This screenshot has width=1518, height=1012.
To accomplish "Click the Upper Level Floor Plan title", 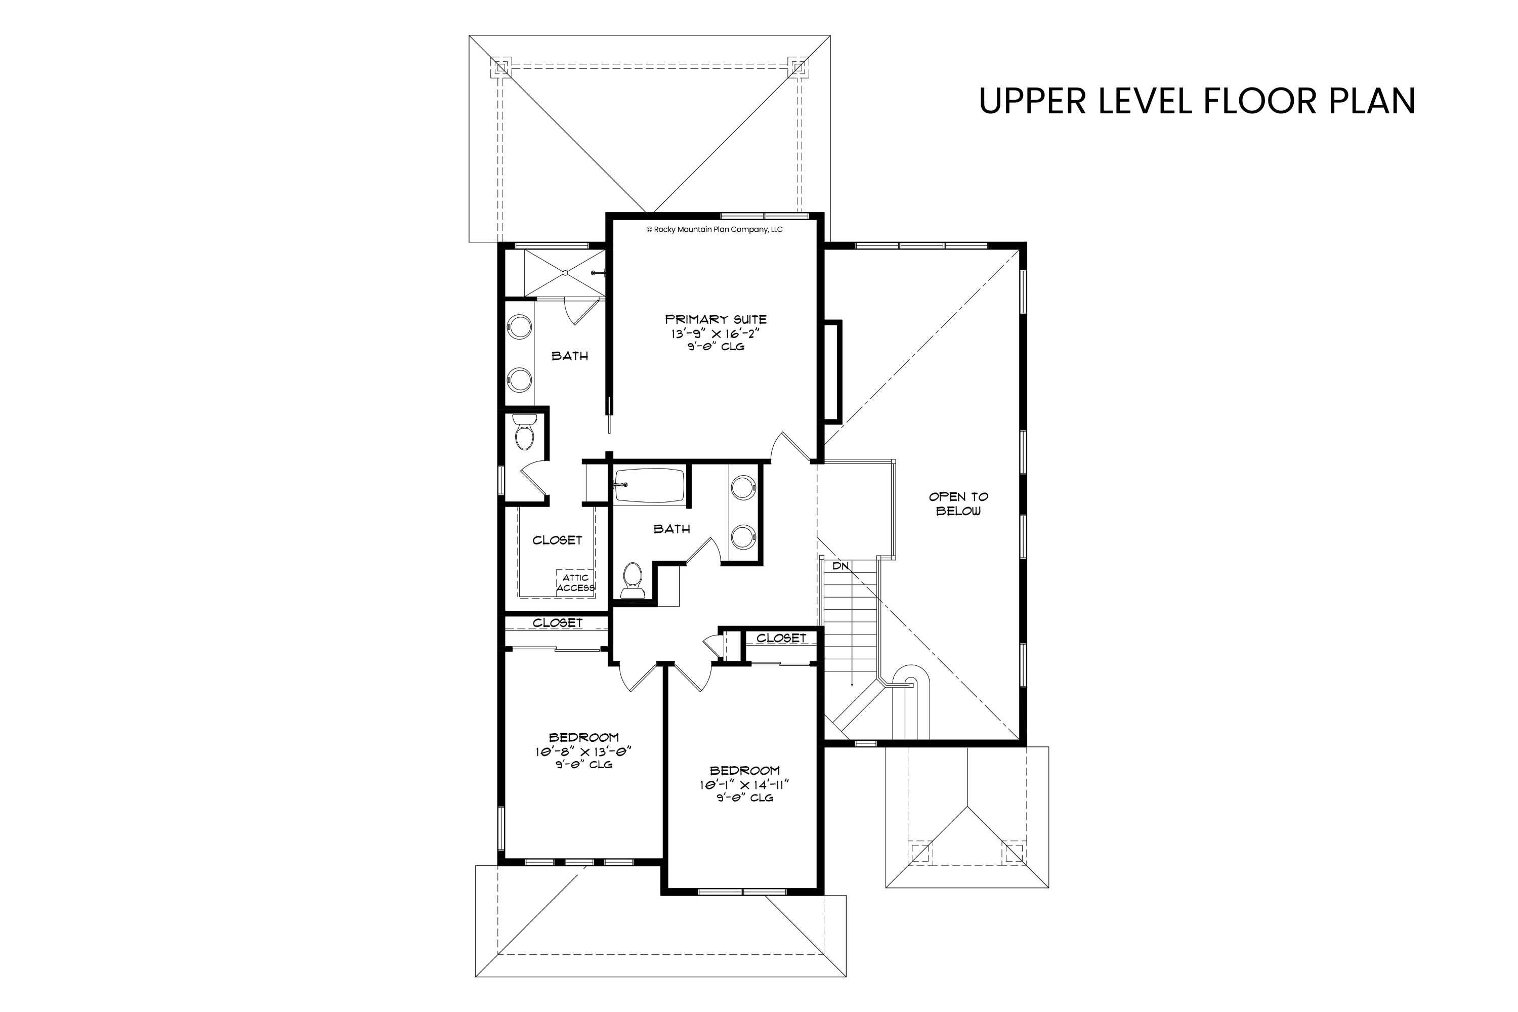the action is [1197, 101].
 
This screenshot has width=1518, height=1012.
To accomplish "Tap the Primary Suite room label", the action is [716, 319].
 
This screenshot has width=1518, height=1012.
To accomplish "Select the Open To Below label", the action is [958, 503].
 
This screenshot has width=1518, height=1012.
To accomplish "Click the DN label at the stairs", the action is [840, 566].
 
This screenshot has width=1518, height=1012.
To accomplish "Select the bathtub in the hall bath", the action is [649, 486].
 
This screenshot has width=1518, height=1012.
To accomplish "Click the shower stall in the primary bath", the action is [564, 274].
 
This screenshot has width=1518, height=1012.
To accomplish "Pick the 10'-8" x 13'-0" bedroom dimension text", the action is [583, 751].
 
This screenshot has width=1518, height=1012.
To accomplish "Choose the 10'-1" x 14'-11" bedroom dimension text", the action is [745, 785].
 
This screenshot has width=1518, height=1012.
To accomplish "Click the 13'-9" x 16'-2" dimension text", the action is [716, 333].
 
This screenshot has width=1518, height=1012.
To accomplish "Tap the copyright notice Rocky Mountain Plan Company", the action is [714, 229].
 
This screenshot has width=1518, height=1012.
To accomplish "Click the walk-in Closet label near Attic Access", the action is [557, 540].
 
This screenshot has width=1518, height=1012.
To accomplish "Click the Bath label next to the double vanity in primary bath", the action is [570, 356].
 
